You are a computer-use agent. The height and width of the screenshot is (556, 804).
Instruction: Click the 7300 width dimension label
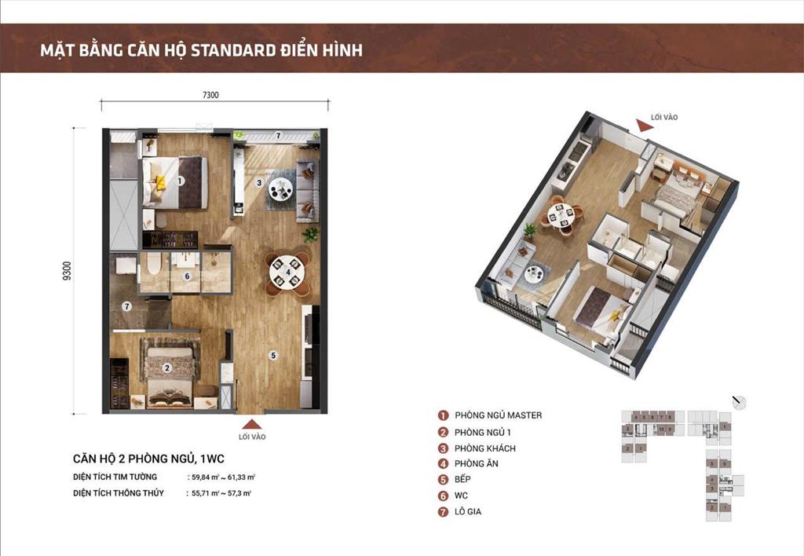[x=210, y=95]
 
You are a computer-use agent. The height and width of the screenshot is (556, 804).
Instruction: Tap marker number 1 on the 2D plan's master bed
[x=181, y=181]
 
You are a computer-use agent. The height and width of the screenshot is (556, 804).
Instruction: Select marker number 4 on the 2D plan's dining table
[x=288, y=273]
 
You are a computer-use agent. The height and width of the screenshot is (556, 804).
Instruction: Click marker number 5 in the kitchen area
[x=272, y=356]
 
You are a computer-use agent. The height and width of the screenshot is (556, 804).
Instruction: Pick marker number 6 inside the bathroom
[x=186, y=276]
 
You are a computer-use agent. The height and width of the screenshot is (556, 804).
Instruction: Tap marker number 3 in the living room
[x=259, y=182]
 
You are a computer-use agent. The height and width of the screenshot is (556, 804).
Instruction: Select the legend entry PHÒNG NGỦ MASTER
[x=491, y=415]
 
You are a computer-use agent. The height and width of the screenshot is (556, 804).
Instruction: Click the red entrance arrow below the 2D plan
[x=251, y=423]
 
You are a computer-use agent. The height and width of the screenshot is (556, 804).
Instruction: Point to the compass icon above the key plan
[x=737, y=402]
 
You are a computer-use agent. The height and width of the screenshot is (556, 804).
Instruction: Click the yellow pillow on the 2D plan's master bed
[x=160, y=182]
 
